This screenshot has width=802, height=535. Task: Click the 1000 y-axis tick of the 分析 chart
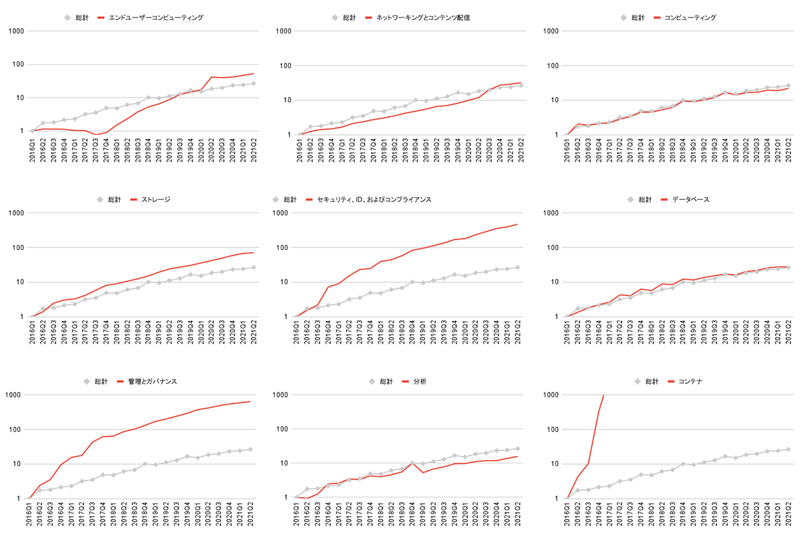coord(283,395)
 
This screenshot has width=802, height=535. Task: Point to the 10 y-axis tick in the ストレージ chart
coord(17,282)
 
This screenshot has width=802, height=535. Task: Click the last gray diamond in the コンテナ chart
coord(788,449)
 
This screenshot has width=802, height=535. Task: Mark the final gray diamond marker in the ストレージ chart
coord(253,267)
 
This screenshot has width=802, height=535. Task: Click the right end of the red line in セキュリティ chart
coord(517,224)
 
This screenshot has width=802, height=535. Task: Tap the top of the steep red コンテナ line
coord(604,395)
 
